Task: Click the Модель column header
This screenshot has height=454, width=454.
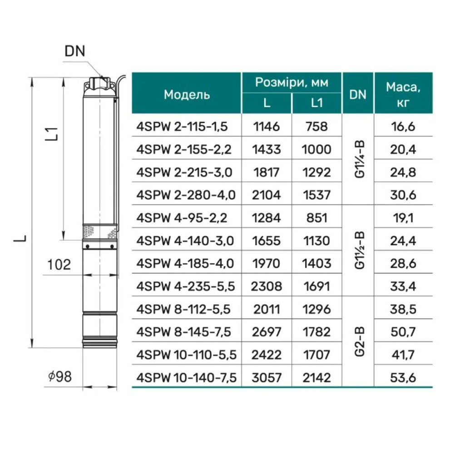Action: [x=187, y=95]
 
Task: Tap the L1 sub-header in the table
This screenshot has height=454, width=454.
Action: [x=317, y=103]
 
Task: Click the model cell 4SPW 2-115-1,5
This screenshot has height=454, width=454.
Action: [x=182, y=127]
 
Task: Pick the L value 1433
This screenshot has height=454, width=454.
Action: [x=266, y=149]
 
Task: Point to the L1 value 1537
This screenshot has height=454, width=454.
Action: [x=317, y=195]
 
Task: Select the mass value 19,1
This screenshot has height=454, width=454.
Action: [x=403, y=218]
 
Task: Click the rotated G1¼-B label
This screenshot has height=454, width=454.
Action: [x=359, y=159]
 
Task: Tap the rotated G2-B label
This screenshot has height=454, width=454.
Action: [x=359, y=342]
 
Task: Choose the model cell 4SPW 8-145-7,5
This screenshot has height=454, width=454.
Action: [x=183, y=332]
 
